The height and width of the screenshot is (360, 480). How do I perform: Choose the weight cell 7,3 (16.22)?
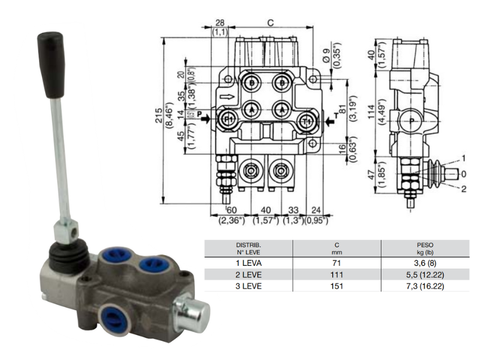(425, 286)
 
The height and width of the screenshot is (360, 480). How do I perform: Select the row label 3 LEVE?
(248, 286)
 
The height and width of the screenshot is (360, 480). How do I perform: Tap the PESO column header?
(425, 245)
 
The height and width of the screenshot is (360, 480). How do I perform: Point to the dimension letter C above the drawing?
(270, 23)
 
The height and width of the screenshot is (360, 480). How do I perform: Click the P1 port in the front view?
(228, 119)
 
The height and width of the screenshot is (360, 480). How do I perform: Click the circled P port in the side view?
(411, 121)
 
